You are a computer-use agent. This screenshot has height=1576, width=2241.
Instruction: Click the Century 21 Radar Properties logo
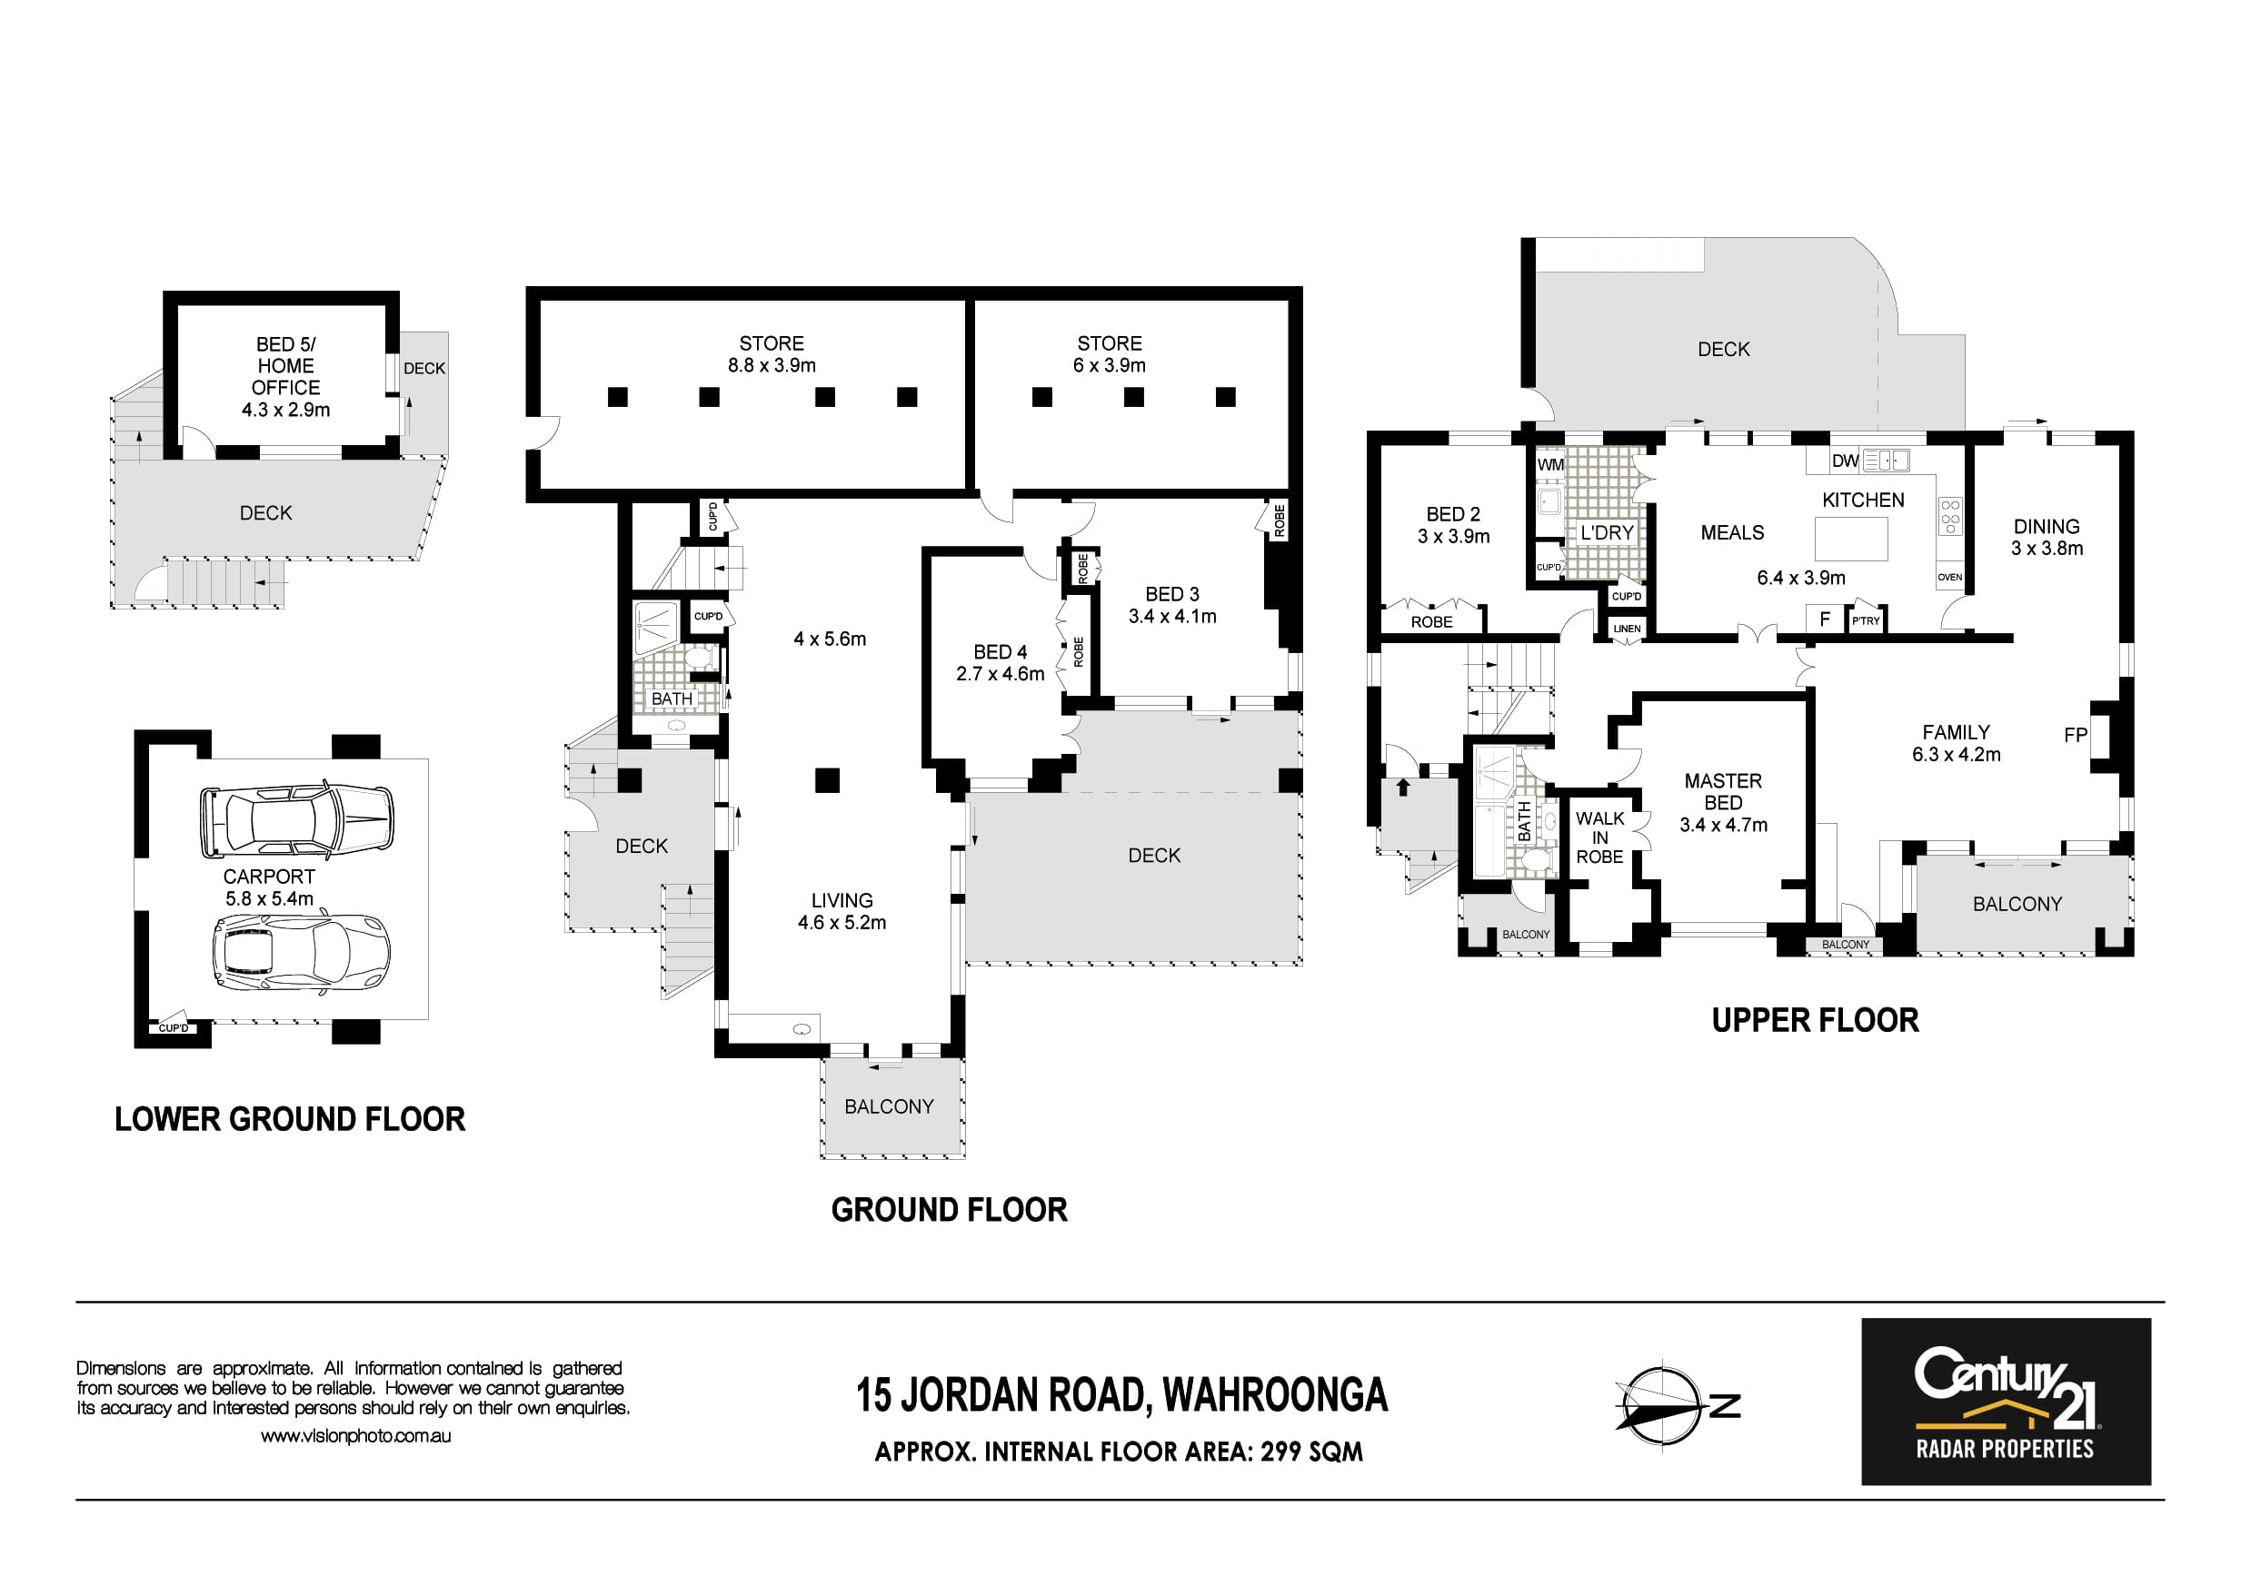point(2006,1402)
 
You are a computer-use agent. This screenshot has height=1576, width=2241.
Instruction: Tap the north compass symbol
point(1676,1406)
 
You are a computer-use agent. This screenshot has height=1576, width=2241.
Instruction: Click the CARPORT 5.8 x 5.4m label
point(269,887)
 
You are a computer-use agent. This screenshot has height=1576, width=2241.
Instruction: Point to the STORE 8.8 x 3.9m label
point(772,354)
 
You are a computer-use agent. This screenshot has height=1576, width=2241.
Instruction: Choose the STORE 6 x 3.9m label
point(1110,354)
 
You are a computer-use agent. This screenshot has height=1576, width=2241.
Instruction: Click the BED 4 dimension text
point(1001,673)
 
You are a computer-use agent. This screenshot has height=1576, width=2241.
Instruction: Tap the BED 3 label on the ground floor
point(1172,594)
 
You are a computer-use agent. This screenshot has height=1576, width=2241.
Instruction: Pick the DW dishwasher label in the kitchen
point(1845,461)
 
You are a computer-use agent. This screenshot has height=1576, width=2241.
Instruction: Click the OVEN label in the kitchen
point(1950,577)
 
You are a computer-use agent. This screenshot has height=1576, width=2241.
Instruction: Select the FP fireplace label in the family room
point(2076,735)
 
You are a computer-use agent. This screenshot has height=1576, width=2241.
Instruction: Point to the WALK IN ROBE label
point(1599,838)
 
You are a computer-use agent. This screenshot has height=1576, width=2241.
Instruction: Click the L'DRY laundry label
point(1607,533)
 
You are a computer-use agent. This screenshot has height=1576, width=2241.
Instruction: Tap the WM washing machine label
point(1550,464)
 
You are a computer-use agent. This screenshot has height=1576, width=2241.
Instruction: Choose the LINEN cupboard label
point(1627,629)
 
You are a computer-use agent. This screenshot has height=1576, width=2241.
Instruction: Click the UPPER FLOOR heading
point(1816,1021)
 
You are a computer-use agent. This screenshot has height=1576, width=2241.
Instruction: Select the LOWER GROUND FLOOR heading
point(290,1119)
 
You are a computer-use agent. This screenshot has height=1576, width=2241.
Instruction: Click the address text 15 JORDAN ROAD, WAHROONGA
point(1121,1395)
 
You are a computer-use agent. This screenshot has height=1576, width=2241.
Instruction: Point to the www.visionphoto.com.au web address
point(355,1436)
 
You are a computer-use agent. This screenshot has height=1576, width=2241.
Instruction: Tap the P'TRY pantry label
point(1865,620)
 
